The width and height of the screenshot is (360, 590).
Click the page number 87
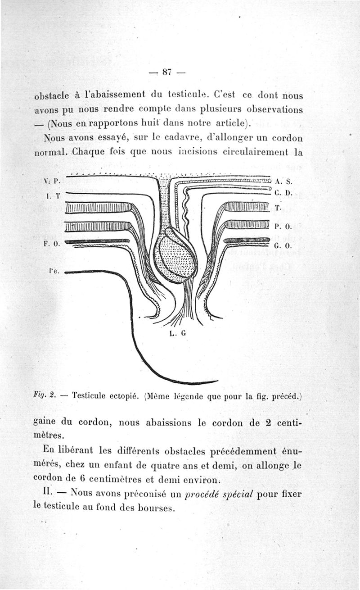tap(167, 72)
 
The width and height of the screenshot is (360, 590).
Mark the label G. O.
tap(283, 246)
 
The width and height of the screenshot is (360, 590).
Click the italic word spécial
tap(237, 494)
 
